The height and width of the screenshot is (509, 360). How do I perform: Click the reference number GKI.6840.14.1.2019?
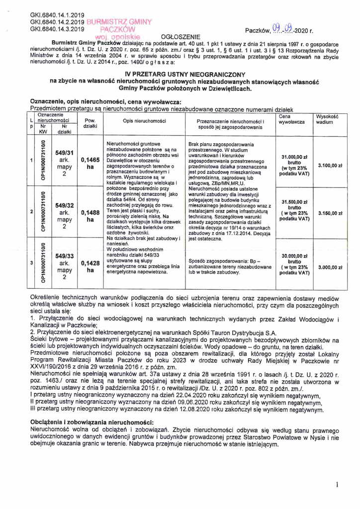point(58,14)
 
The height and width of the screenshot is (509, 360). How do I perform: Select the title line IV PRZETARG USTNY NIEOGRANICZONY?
point(180,73)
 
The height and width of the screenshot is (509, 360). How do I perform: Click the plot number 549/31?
point(65,153)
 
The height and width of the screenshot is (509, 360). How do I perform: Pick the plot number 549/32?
point(65,204)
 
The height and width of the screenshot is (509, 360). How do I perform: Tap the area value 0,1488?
point(90,212)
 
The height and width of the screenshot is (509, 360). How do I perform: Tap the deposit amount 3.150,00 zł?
point(330,213)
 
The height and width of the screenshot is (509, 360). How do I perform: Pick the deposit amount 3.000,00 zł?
point(330,267)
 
